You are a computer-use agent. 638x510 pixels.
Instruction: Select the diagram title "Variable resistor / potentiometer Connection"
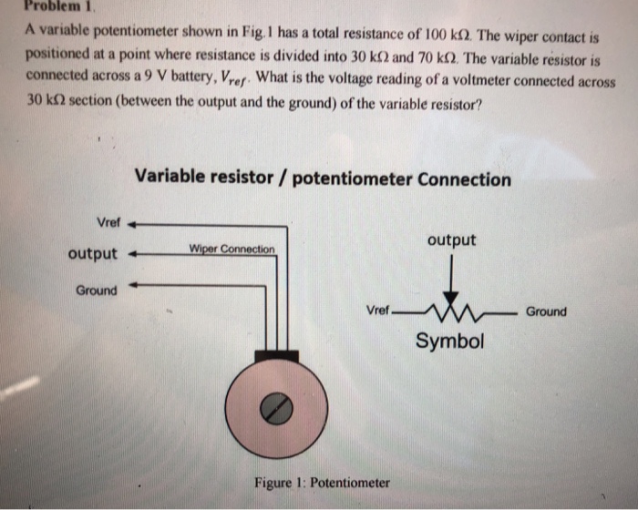click(x=323, y=178)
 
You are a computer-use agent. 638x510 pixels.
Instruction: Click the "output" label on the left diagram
click(x=92, y=253)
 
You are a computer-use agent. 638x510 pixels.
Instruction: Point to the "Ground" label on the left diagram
click(x=96, y=291)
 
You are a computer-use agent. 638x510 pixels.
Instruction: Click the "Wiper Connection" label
click(x=232, y=249)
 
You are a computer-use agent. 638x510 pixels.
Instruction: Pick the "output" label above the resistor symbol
click(x=451, y=240)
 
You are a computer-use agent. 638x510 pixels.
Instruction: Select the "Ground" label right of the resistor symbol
click(x=546, y=311)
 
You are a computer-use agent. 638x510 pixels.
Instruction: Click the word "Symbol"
click(x=450, y=342)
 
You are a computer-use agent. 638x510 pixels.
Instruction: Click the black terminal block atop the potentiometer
click(x=276, y=355)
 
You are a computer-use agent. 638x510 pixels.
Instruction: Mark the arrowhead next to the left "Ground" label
click(x=133, y=285)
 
